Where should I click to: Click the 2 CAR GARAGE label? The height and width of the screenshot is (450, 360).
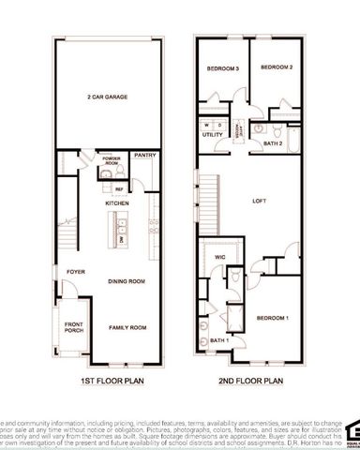coord(107,97)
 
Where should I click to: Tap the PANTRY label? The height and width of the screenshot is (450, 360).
coord(143,156)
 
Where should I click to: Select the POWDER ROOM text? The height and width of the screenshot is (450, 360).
coord(111,160)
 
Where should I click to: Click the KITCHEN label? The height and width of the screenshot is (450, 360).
coord(116,202)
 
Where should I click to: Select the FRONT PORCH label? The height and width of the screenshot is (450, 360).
coord(73,328)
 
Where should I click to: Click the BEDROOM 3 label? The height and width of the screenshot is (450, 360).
coord(223,69)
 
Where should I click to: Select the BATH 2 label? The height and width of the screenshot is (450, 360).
coord(272,142)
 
